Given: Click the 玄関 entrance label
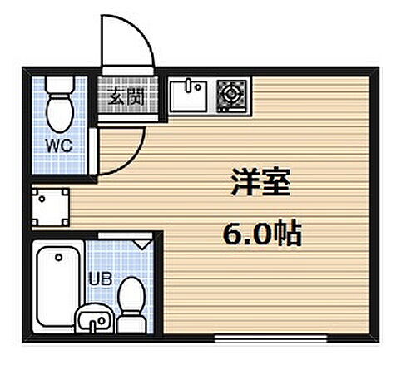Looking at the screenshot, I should coord(123,96).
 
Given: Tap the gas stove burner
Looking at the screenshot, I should coord(229,94).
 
